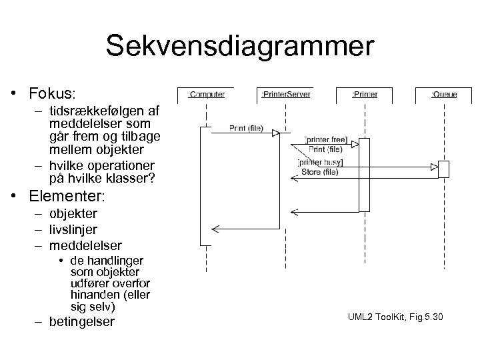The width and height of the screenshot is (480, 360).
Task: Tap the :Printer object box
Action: pyautogui.click(x=365, y=95)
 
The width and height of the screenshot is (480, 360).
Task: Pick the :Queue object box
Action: pyautogui.click(x=443, y=95)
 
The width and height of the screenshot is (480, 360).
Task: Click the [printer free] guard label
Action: pyautogui.click(x=325, y=139)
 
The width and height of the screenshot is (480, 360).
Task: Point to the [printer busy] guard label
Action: pyautogui.click(x=319, y=163)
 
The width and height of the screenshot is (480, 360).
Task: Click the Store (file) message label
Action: pyautogui.click(x=320, y=172)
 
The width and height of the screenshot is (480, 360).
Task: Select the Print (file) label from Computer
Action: pyautogui.click(x=246, y=128)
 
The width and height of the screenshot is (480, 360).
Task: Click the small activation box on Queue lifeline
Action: pyautogui.click(x=443, y=169)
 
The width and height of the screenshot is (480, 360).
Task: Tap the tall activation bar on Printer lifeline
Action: pyautogui.click(x=364, y=175)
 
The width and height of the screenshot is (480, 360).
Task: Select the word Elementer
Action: pyautogui.click(x=65, y=197)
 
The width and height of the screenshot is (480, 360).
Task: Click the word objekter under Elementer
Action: pyautogui.click(x=73, y=213)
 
